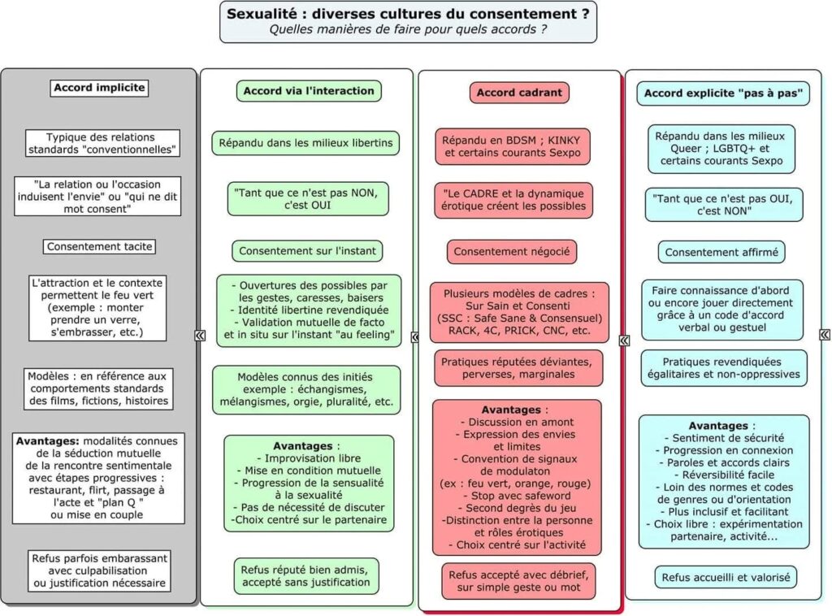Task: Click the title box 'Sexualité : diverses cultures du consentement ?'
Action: [408, 22]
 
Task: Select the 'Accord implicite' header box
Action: [99, 88]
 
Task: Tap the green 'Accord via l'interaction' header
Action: [309, 91]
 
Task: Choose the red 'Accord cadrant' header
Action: [519, 93]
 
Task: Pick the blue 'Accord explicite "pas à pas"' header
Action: [723, 93]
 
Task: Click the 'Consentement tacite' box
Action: [99, 247]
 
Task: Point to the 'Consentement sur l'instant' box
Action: [307, 251]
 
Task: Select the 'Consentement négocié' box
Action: [512, 251]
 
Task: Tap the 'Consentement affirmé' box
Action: [721, 252]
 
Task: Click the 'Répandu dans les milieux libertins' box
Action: [305, 143]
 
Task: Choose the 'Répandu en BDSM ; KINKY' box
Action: [513, 146]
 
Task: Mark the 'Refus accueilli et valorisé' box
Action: [726, 577]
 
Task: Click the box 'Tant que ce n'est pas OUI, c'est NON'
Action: [724, 205]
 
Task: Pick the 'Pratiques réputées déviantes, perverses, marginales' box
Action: [518, 368]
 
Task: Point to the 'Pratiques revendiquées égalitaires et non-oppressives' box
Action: [724, 368]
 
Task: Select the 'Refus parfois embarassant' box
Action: [99, 571]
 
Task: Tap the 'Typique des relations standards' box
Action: [102, 143]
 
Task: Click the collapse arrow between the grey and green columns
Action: [200, 336]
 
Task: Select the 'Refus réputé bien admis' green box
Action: [306, 576]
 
